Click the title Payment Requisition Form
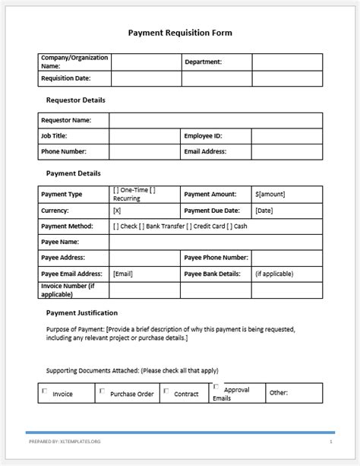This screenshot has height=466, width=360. (180, 33)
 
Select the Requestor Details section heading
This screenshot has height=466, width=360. (75, 100)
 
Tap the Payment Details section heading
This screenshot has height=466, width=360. (73, 173)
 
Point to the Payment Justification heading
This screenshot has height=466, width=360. (81, 312)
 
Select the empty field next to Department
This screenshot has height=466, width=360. (287, 62)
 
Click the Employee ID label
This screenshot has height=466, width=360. (203, 136)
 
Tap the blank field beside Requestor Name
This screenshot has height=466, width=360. (216, 120)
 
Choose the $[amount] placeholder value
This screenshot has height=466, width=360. (270, 195)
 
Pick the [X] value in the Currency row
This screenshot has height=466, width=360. (117, 210)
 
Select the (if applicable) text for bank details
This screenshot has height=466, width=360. (274, 274)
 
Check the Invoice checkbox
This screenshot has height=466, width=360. (44, 391)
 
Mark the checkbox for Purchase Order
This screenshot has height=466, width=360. (102, 391)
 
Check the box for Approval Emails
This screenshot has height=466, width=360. (216, 386)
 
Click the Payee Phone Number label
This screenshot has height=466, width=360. (216, 258)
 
